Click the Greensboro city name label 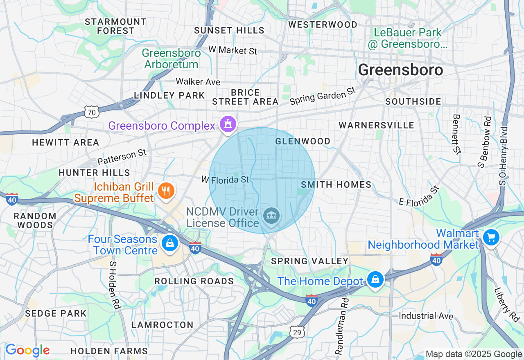(400, 70)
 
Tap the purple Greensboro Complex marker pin (228, 124)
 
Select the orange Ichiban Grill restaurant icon (166, 191)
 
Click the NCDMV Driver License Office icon (271, 216)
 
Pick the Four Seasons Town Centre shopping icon (169, 243)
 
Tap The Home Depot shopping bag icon (375, 280)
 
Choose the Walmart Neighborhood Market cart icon (490, 237)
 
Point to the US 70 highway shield (91, 112)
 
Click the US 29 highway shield (297, 332)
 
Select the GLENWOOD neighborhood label (303, 142)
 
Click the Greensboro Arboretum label (171, 59)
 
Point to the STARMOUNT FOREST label (116, 26)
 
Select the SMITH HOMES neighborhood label (336, 185)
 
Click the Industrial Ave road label (426, 316)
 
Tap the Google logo (27, 351)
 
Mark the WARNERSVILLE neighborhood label (377, 125)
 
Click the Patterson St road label (122, 157)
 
